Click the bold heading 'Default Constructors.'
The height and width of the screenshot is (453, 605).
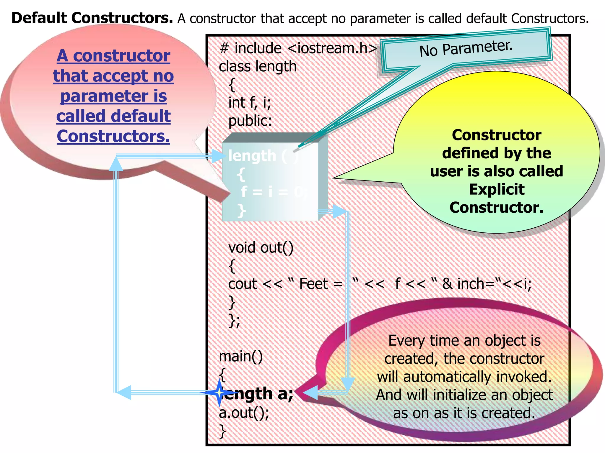pyautogui.click(x=92, y=18)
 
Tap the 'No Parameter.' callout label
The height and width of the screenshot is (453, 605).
pyautogui.click(x=466, y=48)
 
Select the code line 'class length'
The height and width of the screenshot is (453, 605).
pyautogui.click(x=258, y=66)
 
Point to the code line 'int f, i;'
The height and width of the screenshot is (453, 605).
pyautogui.click(x=250, y=103)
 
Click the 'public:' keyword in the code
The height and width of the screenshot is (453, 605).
pyautogui.click(x=250, y=121)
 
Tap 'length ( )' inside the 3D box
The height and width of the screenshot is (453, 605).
pyautogui.click(x=263, y=156)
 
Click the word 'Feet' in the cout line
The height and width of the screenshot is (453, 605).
pyautogui.click(x=313, y=284)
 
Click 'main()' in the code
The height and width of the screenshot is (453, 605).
pyautogui.click(x=241, y=356)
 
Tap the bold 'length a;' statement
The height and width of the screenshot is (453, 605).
pyautogui.click(x=258, y=393)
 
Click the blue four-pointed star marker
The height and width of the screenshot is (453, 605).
pyautogui.click(x=219, y=393)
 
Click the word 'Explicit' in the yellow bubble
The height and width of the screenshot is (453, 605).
pyautogui.click(x=497, y=189)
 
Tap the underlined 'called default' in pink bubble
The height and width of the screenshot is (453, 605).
pyautogui.click(x=113, y=116)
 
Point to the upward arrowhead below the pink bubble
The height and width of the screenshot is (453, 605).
pyautogui.click(x=116, y=164)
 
